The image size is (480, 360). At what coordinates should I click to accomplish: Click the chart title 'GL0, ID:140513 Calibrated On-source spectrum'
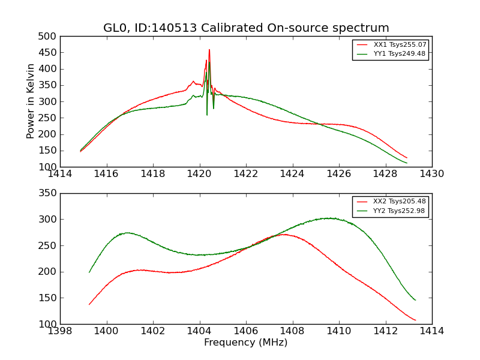pos(246,28)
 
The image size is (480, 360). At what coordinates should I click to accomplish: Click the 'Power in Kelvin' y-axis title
pos(31,101)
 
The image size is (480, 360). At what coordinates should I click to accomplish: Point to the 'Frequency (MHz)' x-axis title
pos(246,343)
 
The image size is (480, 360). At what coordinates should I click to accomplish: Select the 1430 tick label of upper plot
pos(431,174)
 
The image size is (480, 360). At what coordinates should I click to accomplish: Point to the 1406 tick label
pos(246,331)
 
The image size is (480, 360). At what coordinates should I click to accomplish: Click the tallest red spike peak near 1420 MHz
pos(209,50)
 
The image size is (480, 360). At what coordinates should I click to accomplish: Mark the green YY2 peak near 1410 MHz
pos(329,218)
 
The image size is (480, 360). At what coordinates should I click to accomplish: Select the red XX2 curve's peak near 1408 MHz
pos(283,234)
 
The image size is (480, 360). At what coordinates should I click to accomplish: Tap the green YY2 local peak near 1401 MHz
pos(127,232)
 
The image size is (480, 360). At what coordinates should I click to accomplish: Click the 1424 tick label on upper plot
pos(292,174)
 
